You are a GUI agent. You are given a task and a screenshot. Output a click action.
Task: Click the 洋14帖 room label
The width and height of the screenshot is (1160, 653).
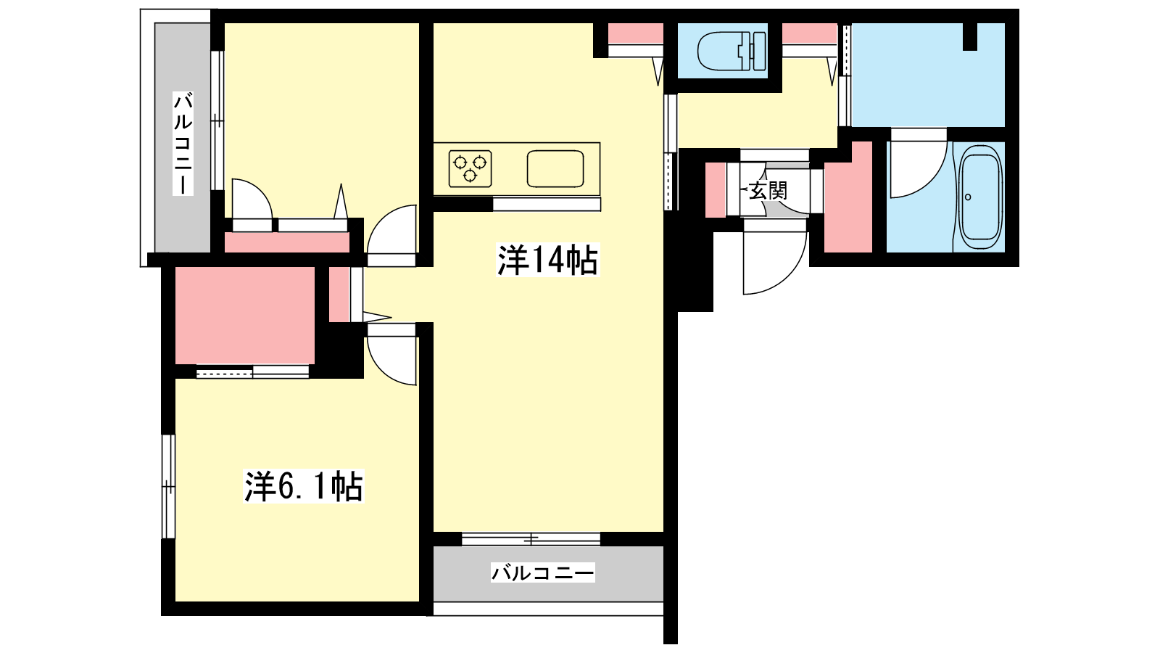click(x=547, y=260)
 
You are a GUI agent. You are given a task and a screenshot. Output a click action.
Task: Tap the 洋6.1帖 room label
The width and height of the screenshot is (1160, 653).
click(x=304, y=486)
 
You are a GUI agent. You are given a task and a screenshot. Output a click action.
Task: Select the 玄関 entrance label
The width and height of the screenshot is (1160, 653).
click(x=768, y=192)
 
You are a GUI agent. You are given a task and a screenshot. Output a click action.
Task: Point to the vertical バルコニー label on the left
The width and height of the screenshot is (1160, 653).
click(x=183, y=144)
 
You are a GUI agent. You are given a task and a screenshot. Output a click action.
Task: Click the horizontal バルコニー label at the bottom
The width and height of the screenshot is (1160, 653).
click(x=543, y=572)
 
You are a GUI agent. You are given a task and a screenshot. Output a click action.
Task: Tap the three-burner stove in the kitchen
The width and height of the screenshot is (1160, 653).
click(x=471, y=168)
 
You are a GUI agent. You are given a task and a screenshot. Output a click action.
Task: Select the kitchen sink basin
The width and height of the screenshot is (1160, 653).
click(x=555, y=168)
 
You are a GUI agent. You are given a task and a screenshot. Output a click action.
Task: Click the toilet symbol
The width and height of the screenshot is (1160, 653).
click(x=732, y=51)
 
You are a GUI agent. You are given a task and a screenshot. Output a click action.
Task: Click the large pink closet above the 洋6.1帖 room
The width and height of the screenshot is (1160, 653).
click(x=245, y=315)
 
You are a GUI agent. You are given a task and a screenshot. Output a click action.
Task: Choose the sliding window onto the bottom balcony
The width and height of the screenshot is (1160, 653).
click(x=531, y=539)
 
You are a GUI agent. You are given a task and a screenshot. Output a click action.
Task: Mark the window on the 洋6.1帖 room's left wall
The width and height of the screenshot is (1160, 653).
click(x=168, y=487)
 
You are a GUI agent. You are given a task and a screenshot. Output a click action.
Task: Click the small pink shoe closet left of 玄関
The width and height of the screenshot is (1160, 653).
click(x=716, y=189)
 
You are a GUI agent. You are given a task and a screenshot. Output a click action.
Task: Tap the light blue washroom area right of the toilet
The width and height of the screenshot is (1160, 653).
click(x=928, y=75)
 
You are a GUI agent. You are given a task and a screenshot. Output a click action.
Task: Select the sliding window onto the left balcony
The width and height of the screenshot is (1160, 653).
click(x=217, y=120)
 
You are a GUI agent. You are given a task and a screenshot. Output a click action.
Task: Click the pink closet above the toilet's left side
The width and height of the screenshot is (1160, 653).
click(x=635, y=33)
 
